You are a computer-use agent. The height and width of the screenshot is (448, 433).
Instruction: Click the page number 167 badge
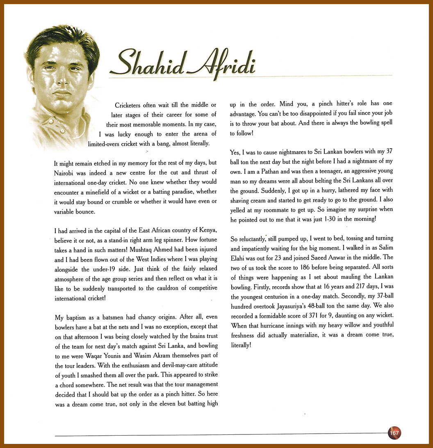click(394, 433)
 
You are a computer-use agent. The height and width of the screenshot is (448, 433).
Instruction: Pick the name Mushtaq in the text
click(142, 249)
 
